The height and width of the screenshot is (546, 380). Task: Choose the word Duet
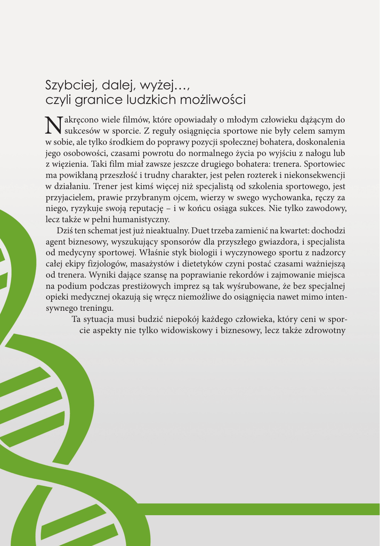coord(219,230)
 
